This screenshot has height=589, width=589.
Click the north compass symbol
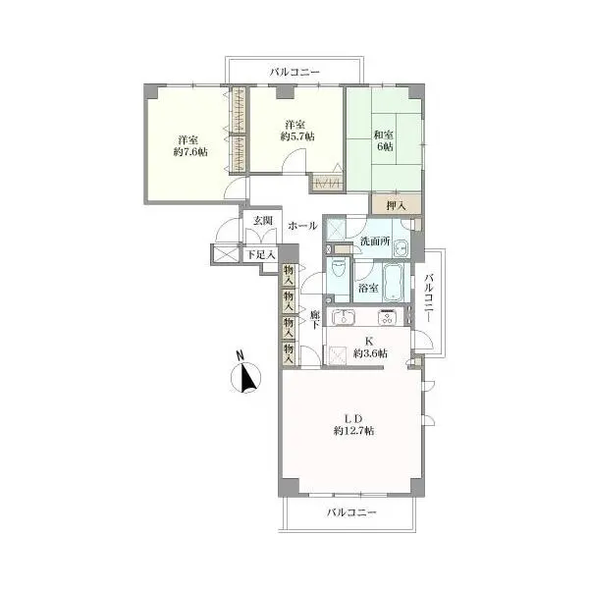(245, 377)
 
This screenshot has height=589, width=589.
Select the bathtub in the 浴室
(393, 282)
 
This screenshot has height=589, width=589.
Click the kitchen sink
(344, 317)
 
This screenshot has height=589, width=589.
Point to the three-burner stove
(388, 317)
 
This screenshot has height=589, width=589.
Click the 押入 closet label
(396, 206)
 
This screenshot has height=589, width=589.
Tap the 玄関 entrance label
(262, 221)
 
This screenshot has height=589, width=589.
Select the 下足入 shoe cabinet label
(260, 255)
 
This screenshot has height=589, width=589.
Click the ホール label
(302, 226)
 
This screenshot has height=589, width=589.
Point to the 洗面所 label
(375, 241)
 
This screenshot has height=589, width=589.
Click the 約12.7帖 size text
(353, 431)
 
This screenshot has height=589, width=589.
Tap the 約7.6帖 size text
(190, 152)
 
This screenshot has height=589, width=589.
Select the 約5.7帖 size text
(297, 136)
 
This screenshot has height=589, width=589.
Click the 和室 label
(384, 134)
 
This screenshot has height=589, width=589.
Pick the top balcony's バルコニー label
(294, 72)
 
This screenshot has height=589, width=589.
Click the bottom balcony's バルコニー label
(351, 512)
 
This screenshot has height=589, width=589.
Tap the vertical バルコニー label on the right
(429, 298)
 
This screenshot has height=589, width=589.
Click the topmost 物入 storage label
(289, 274)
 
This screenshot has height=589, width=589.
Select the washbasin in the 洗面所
(401, 248)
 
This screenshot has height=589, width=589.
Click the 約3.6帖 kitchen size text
(370, 353)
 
